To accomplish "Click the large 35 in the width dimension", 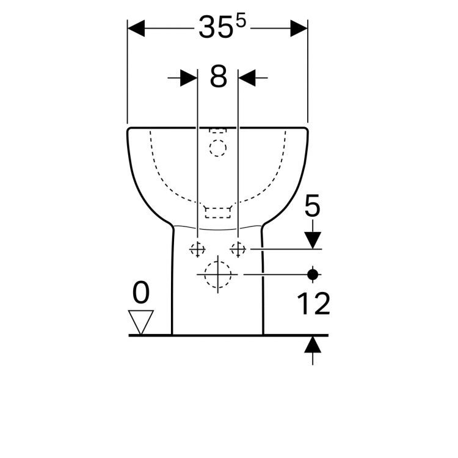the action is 216,27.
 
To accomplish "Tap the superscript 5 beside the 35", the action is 241,22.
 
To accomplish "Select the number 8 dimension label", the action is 218,76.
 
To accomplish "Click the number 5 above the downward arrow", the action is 312,206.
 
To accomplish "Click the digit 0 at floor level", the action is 141,292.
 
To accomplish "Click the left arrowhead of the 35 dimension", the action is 136,28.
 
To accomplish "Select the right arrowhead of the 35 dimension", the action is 299,28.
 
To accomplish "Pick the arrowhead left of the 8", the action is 189,78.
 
